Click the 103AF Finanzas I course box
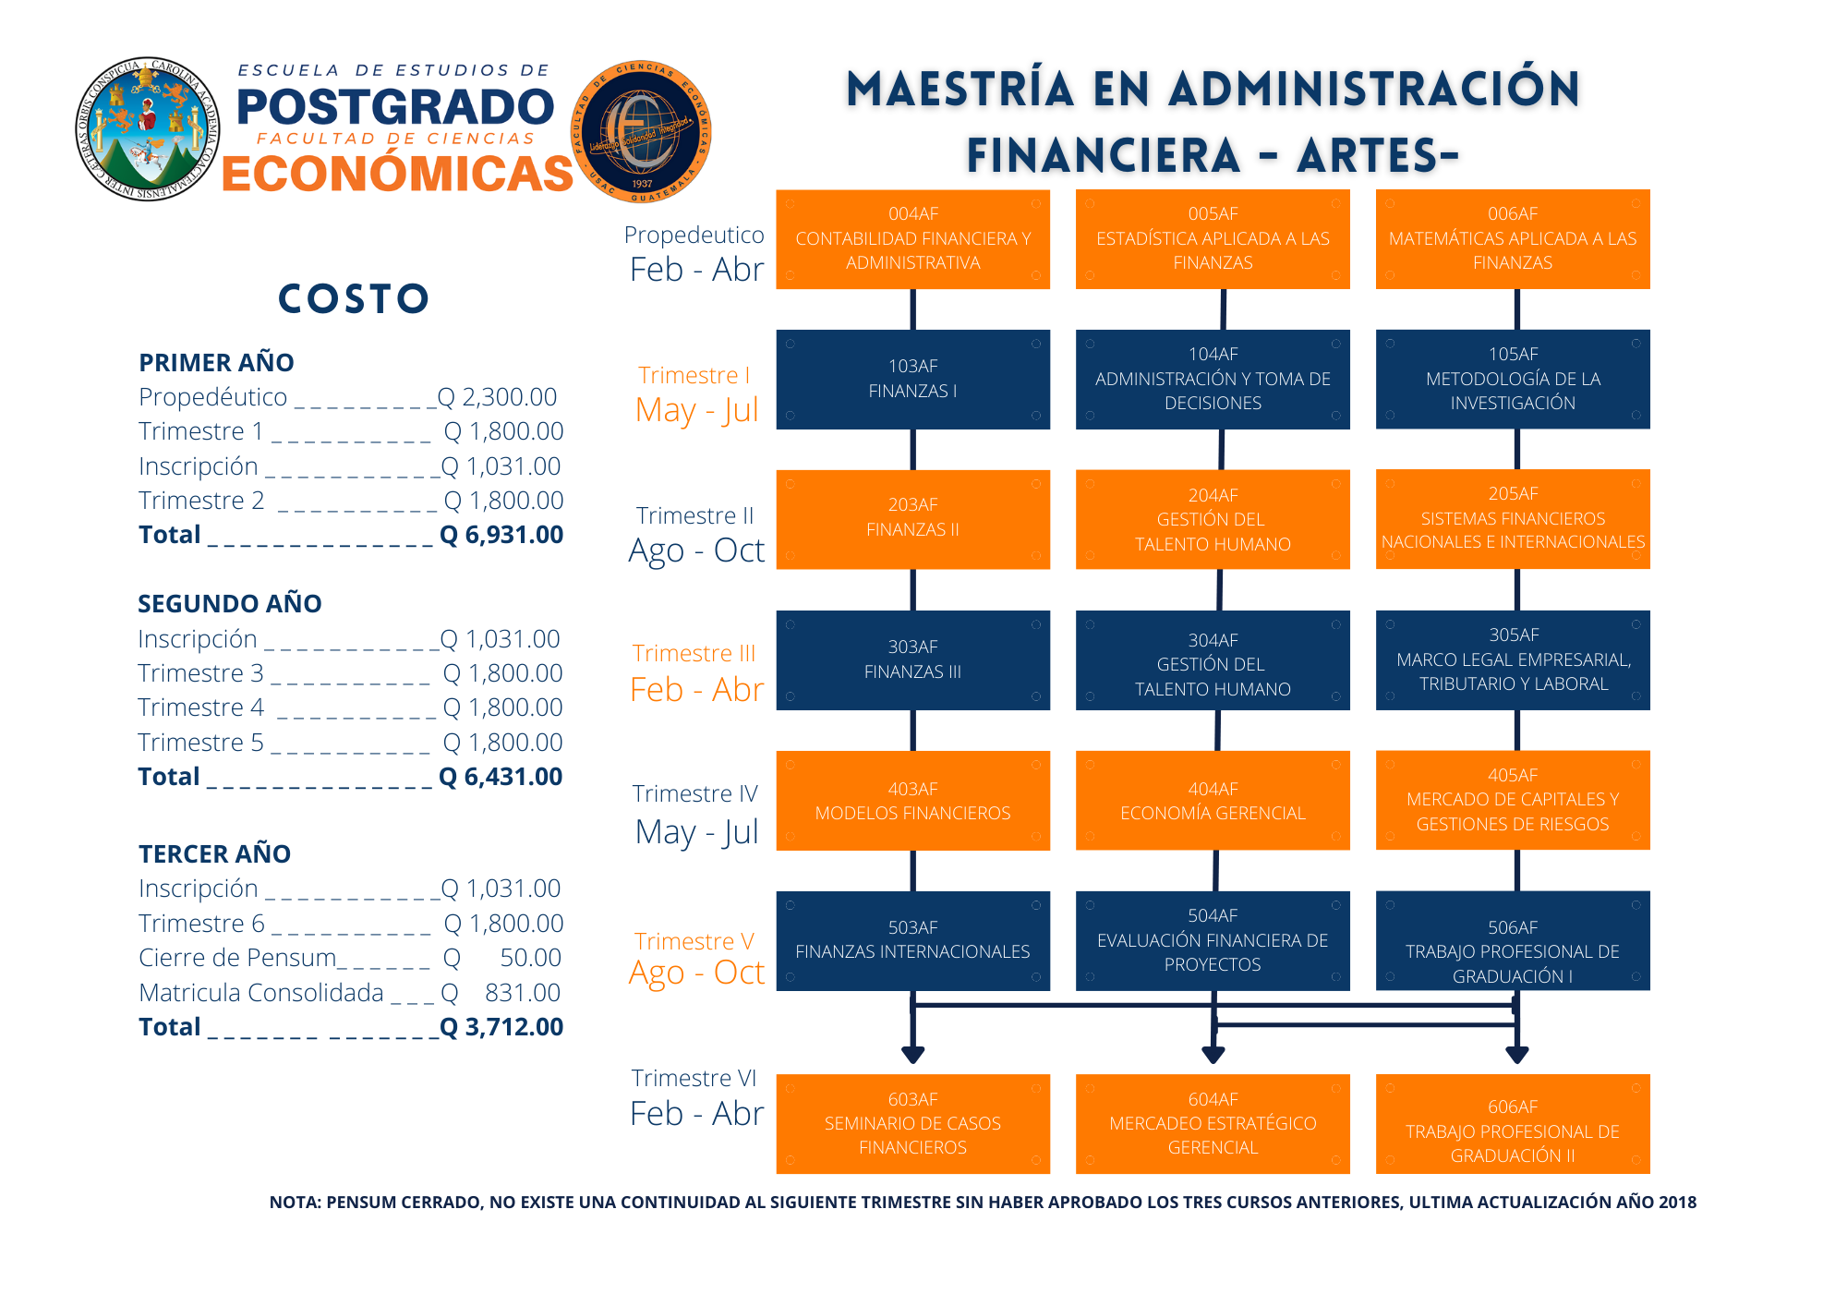coord(912,379)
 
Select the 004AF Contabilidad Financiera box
coord(912,238)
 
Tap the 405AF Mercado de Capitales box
coord(1512,800)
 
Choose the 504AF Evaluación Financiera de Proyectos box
coord(1212,940)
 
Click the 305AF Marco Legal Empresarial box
coord(1512,659)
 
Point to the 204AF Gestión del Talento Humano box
coord(1212,519)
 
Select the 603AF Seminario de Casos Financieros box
coord(912,1123)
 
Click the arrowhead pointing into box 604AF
coord(1213,1055)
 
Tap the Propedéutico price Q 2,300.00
coord(498,397)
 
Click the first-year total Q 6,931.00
coord(501,535)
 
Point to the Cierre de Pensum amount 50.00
coord(530,958)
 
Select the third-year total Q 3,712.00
coord(501,1027)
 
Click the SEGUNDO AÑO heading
coord(230,604)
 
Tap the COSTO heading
coord(354,299)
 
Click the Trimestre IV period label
coord(695,794)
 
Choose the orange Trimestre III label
coord(694,654)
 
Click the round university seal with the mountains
coord(148,128)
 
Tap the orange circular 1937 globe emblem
coord(641,131)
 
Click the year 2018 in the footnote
coord(1676,1203)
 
